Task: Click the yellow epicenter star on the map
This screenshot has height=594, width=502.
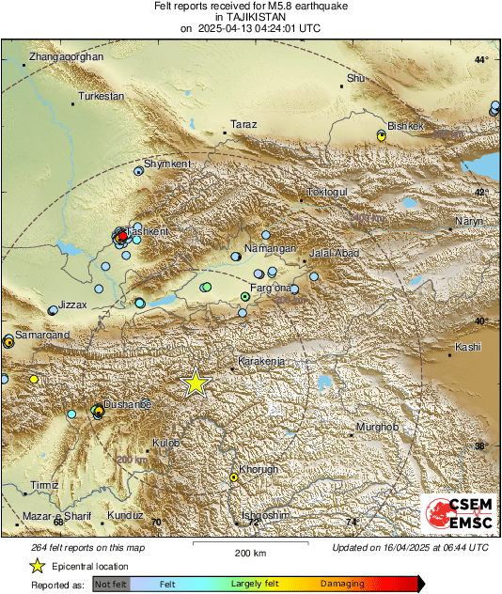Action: (x=196, y=382)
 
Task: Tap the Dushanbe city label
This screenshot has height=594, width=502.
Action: (x=128, y=403)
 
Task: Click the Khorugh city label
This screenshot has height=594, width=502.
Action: (x=259, y=469)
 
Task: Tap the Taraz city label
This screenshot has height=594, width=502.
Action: (x=243, y=124)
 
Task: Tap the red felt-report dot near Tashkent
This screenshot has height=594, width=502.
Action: (x=122, y=237)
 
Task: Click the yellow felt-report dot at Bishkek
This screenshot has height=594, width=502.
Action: (x=382, y=136)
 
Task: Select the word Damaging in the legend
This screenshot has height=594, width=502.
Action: (x=342, y=584)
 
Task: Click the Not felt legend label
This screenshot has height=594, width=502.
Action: (x=111, y=584)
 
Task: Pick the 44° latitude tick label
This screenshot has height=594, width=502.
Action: (x=481, y=59)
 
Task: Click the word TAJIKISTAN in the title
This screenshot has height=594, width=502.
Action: (x=250, y=17)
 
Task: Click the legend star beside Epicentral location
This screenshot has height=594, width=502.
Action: (x=37, y=566)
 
